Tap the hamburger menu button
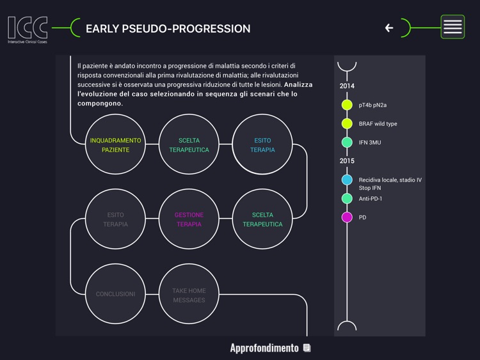tap(452, 27)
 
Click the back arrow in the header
tap(388, 27)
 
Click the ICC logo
tap(27, 29)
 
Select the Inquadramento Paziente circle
tap(115, 145)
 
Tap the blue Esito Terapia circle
tap(262, 145)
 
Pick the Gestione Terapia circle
tap(189, 219)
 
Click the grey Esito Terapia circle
tap(115, 219)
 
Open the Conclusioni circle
tap(115, 294)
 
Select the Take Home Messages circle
tap(189, 295)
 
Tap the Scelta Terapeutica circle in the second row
tap(262, 219)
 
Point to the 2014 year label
tap(347, 86)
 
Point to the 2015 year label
tap(347, 161)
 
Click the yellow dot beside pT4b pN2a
tap(347, 105)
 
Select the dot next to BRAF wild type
tap(347, 123)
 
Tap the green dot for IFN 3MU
tap(347, 142)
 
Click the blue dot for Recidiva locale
tap(347, 180)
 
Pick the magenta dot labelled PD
tap(347, 217)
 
